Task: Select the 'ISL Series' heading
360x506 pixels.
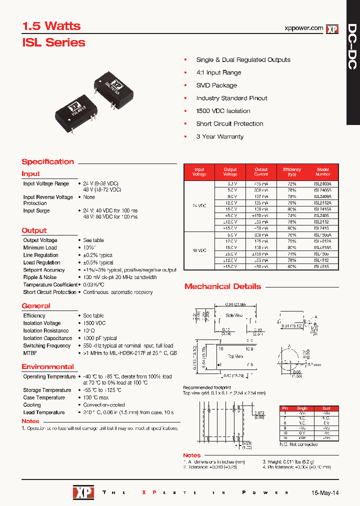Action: (x=53, y=43)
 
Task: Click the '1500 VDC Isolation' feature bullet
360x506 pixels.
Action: (x=223, y=111)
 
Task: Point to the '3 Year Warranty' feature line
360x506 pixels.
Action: (x=219, y=136)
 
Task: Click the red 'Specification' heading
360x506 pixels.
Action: (x=48, y=162)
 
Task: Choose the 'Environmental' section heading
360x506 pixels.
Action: (x=47, y=366)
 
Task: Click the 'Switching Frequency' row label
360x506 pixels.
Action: (x=47, y=345)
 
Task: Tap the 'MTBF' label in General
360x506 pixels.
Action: (x=30, y=353)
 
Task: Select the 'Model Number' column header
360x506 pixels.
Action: (x=323, y=172)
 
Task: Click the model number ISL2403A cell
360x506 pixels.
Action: (x=323, y=184)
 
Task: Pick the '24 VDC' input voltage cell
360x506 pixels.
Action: (x=199, y=205)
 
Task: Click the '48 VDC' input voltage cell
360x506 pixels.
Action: (x=199, y=250)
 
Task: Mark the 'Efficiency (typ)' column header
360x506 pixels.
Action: (x=292, y=172)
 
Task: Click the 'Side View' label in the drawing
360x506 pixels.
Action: (x=234, y=315)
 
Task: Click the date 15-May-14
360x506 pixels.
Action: (x=325, y=492)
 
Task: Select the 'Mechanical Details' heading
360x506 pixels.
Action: (x=222, y=286)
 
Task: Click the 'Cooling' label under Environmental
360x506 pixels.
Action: (x=32, y=405)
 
